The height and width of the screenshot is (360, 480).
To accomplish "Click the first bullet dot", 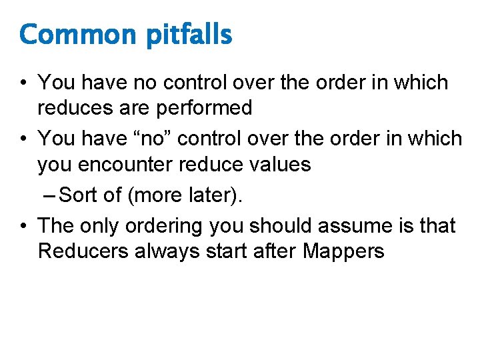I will point(24,83).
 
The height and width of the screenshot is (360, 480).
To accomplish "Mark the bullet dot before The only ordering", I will point(24,226).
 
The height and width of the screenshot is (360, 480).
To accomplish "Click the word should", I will point(281,226).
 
